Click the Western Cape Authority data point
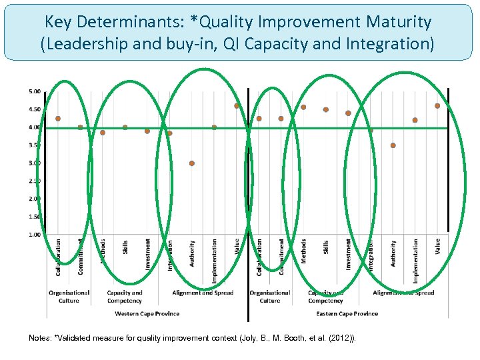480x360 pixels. click(x=192, y=163)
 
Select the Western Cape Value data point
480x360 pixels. click(x=237, y=105)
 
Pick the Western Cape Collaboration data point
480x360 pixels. click(x=58, y=119)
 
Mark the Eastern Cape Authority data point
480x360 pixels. click(x=393, y=145)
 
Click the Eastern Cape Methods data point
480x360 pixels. click(x=303, y=107)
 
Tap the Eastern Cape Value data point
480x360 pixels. click(x=437, y=105)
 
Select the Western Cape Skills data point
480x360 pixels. click(x=125, y=127)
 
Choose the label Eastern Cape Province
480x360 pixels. click(x=347, y=313)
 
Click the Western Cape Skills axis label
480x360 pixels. click(x=125, y=247)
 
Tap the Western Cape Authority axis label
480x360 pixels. click(x=192, y=253)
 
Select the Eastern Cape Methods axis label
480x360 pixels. click(x=303, y=251)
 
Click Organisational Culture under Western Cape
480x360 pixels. click(x=69, y=297)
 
